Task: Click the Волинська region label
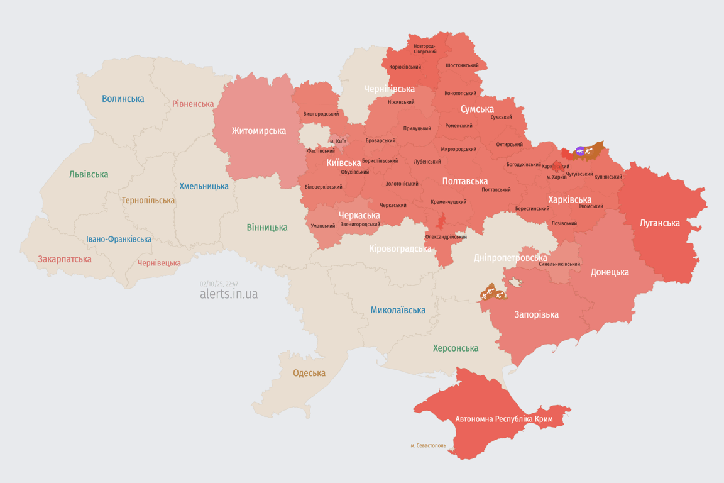tap(123, 99)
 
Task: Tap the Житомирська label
tap(258, 131)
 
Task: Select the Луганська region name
tap(659, 223)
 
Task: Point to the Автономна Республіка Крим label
tap(503, 419)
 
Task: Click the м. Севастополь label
tap(428, 446)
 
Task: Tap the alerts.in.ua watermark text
tap(228, 294)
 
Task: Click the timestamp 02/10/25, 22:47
tap(219, 284)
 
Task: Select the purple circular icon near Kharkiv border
tap(580, 151)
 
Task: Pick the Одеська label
tap(309, 373)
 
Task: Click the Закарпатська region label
tap(65, 259)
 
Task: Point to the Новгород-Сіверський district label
tap(425, 48)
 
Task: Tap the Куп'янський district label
tap(608, 177)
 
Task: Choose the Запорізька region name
tap(536, 314)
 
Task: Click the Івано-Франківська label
tap(119, 239)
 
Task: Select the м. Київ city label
tap(337, 141)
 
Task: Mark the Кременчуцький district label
tap(448, 202)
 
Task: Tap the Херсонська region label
tap(455, 348)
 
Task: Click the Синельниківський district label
tap(559, 264)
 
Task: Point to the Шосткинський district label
tap(462, 65)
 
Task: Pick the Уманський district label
tap(322, 226)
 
